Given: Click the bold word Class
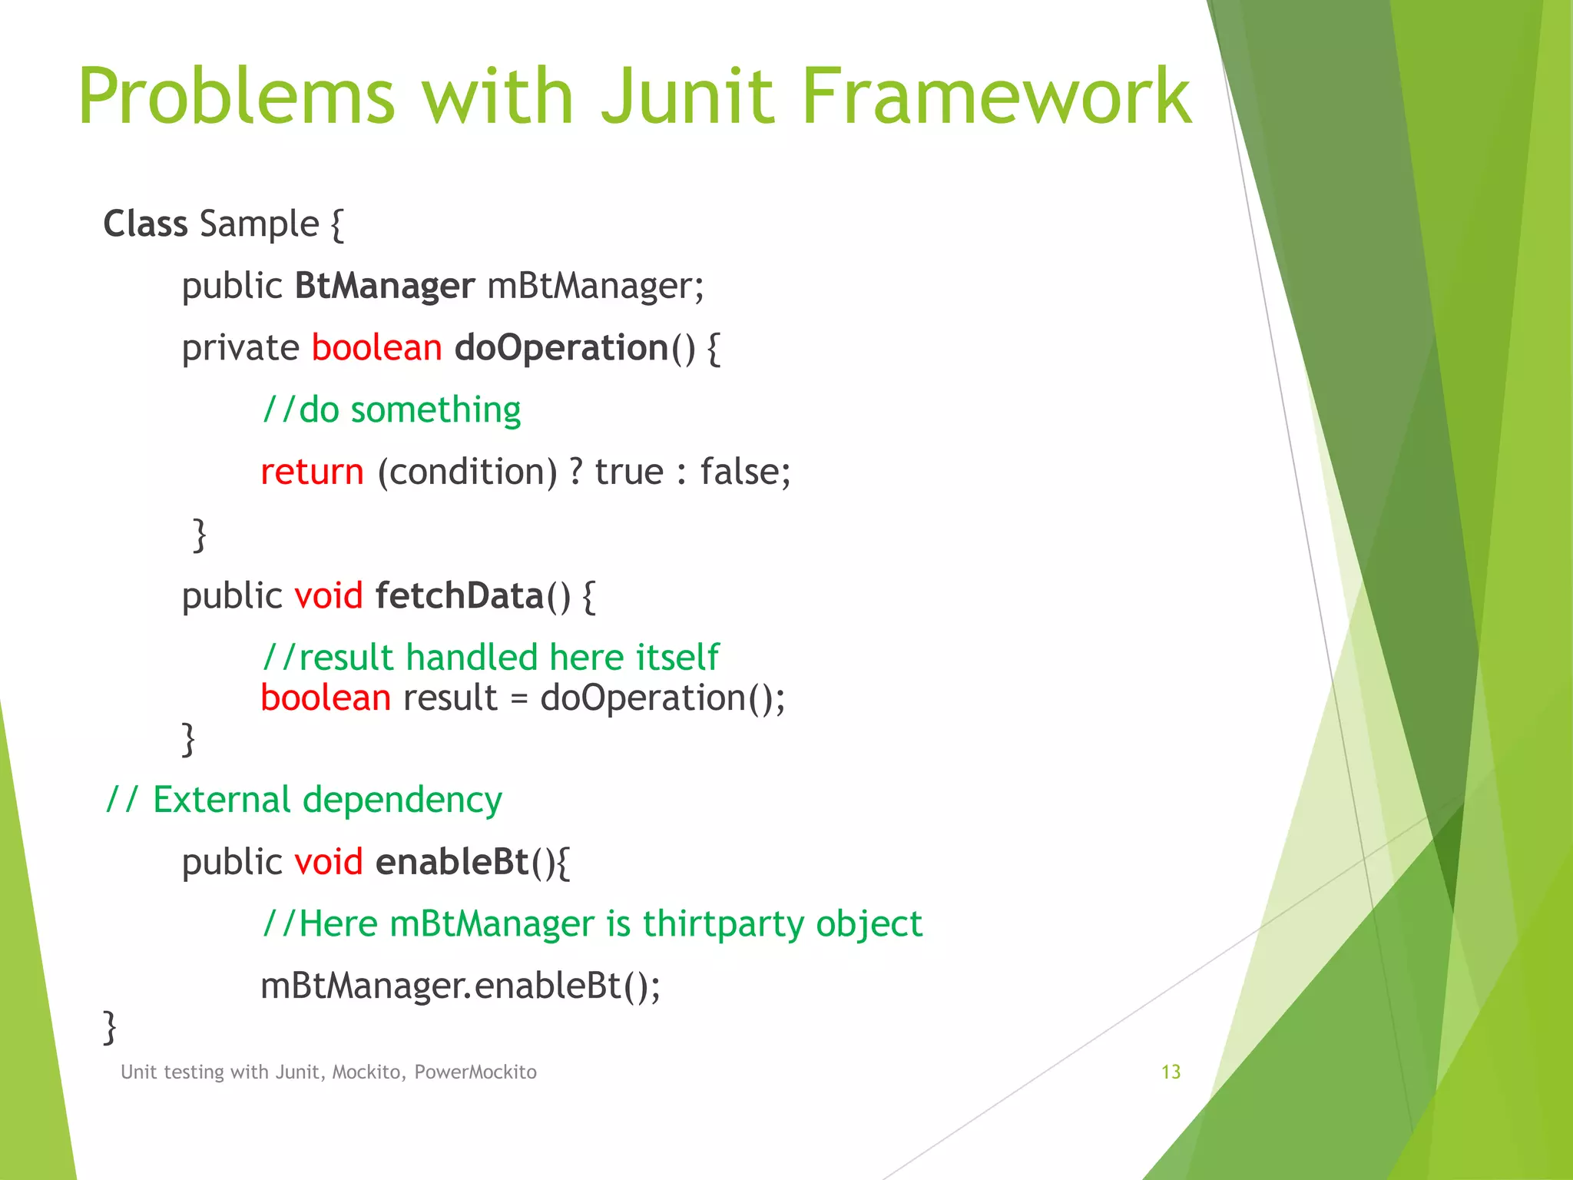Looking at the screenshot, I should [x=145, y=224].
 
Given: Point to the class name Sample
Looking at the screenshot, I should [x=259, y=224].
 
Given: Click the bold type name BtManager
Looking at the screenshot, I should [x=385, y=286].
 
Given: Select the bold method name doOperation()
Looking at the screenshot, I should [x=574, y=348].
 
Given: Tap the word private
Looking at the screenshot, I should [x=240, y=348].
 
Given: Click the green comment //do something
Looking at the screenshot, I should [x=391, y=409].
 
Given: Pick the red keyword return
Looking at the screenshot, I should [x=312, y=472].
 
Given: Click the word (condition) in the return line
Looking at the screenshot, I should [x=467, y=472].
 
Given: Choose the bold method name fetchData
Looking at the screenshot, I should [x=459, y=596].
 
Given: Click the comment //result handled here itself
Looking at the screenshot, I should [x=490, y=658].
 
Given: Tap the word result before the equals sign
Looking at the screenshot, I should [x=450, y=698].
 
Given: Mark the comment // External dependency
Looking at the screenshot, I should [x=304, y=800].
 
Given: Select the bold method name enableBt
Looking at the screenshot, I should [x=452, y=862].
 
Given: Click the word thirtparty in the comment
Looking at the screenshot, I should [x=723, y=923].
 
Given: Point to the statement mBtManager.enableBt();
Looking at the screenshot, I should [x=460, y=986].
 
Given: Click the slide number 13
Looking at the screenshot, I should [x=1171, y=1072].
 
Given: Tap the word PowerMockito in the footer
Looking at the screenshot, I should [x=475, y=1072].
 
